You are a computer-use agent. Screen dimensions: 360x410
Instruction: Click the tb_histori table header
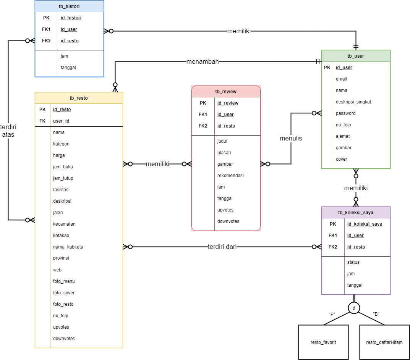click(69, 6)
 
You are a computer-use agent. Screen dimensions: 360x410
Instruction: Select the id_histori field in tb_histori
click(71, 18)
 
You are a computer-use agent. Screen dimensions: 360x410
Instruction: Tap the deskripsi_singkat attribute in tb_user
click(353, 102)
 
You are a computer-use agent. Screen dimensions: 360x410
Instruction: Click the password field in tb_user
click(345, 113)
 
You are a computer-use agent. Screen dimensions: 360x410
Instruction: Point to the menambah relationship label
click(203, 62)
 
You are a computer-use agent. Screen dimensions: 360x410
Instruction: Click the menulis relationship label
click(291, 139)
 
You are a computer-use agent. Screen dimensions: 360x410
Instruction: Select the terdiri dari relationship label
click(222, 247)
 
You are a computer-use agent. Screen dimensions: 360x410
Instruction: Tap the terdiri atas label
click(8, 131)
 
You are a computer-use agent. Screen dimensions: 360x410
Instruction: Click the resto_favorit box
click(323, 342)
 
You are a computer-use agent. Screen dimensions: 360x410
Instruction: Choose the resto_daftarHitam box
click(384, 342)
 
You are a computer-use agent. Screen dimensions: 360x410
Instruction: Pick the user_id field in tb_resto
click(61, 121)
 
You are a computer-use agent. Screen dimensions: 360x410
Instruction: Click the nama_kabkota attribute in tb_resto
click(68, 247)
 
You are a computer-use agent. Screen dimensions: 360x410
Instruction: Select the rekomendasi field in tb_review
click(230, 176)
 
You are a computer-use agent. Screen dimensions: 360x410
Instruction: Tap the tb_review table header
click(226, 92)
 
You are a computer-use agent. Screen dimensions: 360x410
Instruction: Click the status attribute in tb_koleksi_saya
click(353, 262)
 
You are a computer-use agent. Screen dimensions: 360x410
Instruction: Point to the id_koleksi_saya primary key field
click(365, 224)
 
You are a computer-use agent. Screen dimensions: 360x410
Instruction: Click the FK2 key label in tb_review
click(203, 126)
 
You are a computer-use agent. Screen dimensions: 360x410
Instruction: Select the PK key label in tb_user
click(327, 68)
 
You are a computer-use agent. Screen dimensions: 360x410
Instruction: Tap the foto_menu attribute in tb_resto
click(64, 281)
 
